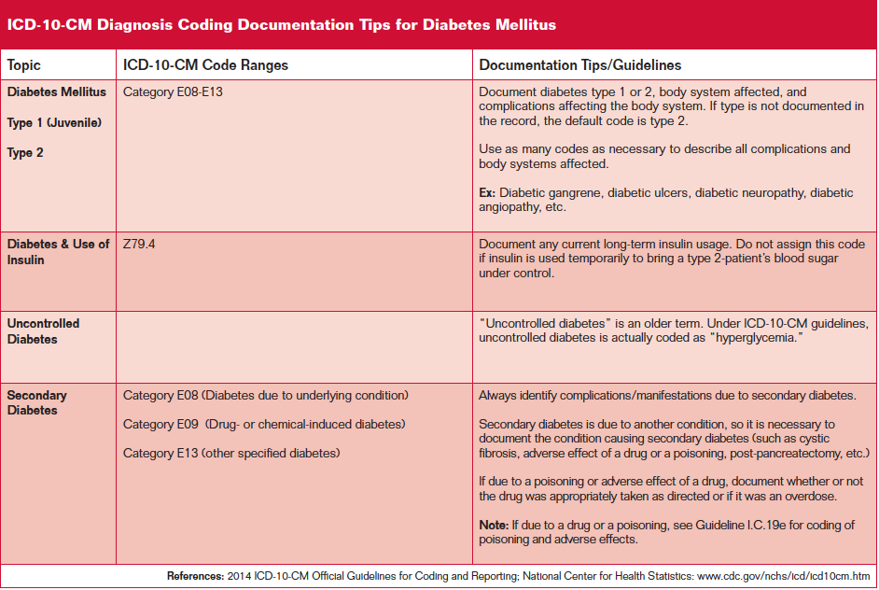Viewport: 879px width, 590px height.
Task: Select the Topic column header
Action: pyautogui.click(x=24, y=65)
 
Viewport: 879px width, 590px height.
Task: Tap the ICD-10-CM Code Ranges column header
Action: pyautogui.click(x=205, y=65)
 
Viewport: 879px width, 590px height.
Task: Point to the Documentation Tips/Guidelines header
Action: pyautogui.click(x=580, y=65)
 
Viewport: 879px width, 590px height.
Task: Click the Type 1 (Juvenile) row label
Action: pyautogui.click(x=54, y=122)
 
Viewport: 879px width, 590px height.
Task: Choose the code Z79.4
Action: pyautogui.click(x=139, y=244)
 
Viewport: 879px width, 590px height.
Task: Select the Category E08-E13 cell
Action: pyautogui.click(x=173, y=92)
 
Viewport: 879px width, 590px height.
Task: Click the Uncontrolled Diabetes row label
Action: pyautogui.click(x=43, y=331)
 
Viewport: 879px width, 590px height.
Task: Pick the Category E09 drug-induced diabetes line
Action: pyautogui.click(x=264, y=424)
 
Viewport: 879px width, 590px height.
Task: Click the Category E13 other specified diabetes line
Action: pyautogui.click(x=231, y=453)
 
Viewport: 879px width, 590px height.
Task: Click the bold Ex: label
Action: pyautogui.click(x=487, y=193)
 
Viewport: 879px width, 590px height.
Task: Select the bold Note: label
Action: pyautogui.click(x=495, y=526)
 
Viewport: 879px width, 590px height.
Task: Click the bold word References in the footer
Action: pyautogui.click(x=194, y=575)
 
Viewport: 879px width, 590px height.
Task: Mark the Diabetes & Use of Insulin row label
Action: pyautogui.click(x=58, y=251)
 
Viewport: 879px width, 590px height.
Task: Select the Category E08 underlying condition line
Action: pyautogui.click(x=266, y=395)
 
